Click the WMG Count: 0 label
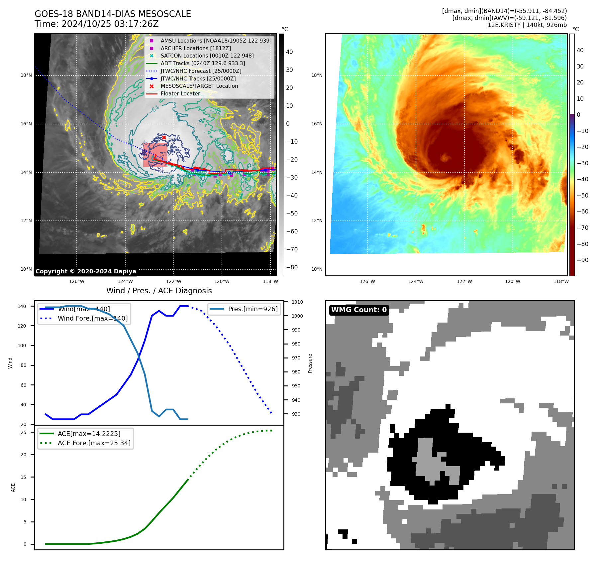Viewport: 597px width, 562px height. [359, 310]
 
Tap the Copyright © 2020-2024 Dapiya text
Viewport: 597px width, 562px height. [86, 271]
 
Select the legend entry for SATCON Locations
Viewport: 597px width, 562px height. [207, 56]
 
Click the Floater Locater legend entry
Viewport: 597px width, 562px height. [180, 94]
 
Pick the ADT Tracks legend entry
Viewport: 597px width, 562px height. [203, 63]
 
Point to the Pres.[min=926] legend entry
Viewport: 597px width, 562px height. [252, 309]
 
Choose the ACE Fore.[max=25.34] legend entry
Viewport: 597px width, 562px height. [94, 443]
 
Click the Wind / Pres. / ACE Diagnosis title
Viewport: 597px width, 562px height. [159, 291]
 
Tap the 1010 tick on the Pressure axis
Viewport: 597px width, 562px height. [297, 302]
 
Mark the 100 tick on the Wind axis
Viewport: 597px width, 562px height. [22, 346]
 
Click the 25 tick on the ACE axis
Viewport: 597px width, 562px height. [23, 432]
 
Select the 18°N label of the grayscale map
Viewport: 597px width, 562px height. [26, 75]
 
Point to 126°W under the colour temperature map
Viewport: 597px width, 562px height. [367, 281]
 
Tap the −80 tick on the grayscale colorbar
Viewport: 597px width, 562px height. [292, 267]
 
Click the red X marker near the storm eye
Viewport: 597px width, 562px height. [164, 137]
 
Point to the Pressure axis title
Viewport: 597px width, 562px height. [310, 363]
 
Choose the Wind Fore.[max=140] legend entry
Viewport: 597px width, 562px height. [92, 318]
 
